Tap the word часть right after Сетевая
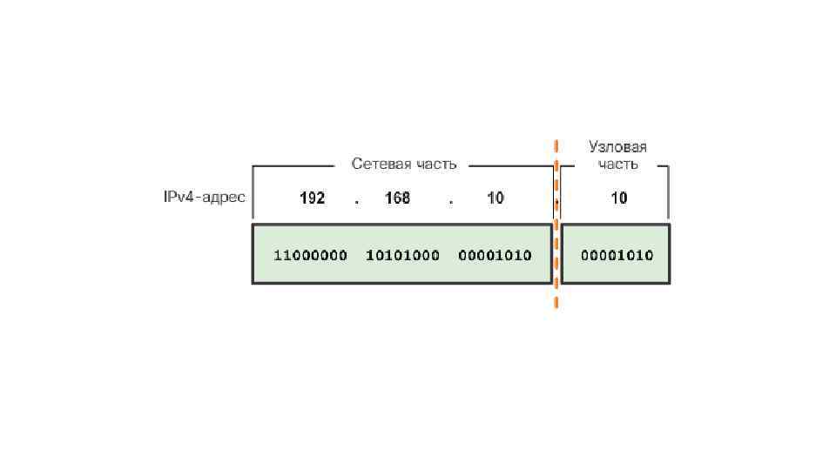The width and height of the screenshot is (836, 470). pos(435,164)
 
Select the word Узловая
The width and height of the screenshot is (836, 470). pos(617,147)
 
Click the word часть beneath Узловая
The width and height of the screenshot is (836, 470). pos(617,164)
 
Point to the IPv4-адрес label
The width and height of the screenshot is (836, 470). pos(205,198)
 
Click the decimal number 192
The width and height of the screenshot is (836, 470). pos(313,198)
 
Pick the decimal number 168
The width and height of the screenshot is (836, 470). pos(397,198)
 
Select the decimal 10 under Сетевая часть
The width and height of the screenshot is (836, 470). pos(495,198)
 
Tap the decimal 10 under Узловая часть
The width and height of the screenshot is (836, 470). pos(618,198)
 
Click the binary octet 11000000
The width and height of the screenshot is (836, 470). pos(311,256)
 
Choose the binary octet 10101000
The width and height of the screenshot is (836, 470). pos(403,256)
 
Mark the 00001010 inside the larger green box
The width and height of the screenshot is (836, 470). pos(495,256)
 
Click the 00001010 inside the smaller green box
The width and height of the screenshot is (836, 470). pos(617,256)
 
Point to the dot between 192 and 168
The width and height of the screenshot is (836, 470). pos(356,202)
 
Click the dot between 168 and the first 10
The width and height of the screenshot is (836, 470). pos(450,202)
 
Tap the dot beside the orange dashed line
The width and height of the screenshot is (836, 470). pos(557,205)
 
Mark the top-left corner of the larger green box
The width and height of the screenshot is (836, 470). pos(253,225)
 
